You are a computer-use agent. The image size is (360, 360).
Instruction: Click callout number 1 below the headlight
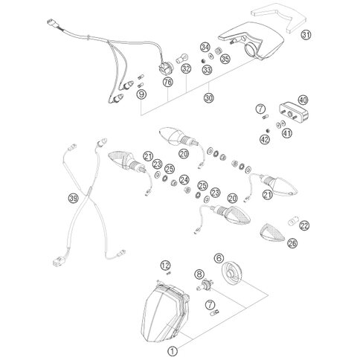pos(173,351)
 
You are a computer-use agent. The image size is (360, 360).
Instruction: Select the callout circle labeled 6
pos(219,258)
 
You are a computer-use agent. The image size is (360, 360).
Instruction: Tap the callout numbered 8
pos(199,274)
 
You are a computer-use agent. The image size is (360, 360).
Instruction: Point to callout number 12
pos(166,266)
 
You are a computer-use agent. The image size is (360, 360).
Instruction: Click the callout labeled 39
pos(74,199)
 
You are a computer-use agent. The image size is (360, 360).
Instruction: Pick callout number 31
pos(306,35)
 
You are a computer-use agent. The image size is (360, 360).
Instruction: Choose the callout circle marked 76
pos(168,82)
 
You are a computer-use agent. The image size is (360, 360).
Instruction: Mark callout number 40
pos(303,100)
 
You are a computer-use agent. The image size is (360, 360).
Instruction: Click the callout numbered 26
pos(292,243)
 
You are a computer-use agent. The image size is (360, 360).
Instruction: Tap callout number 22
pos(304,225)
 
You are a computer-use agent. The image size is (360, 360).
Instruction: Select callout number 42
pos(265,139)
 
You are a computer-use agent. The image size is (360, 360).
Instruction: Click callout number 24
pos(184,180)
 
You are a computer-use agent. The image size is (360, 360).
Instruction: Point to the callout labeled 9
pos(141,94)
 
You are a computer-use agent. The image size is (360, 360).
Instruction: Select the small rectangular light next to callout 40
pos(294,112)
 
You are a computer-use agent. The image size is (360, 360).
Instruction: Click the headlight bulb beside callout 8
pos(205,285)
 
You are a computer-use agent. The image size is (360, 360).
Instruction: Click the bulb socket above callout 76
pos(164,68)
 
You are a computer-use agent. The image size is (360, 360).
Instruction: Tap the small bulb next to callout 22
pos(293,221)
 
